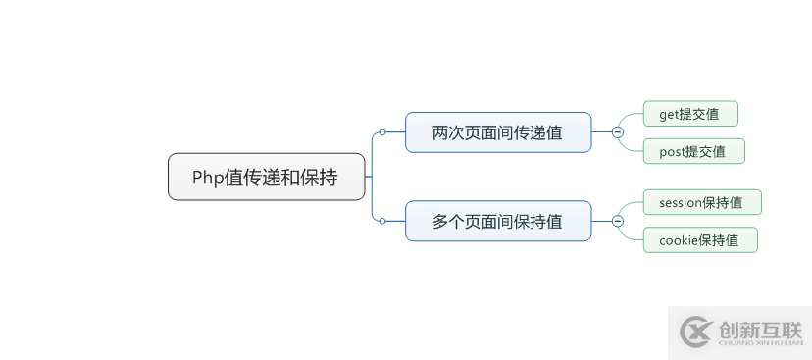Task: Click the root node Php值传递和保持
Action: click(266, 177)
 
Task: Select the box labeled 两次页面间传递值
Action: click(498, 132)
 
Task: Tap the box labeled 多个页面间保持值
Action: click(498, 222)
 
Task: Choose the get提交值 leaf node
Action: click(690, 114)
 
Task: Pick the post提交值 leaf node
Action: click(693, 151)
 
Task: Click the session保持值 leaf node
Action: click(702, 203)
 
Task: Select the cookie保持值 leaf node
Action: click(700, 240)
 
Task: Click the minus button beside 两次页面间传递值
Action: click(617, 132)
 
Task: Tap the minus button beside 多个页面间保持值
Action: click(617, 222)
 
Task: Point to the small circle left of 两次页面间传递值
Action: click(382, 132)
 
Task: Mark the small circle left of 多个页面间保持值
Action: click(382, 222)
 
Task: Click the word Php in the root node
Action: click(207, 178)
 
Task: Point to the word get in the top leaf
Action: click(670, 115)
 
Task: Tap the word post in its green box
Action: click(672, 152)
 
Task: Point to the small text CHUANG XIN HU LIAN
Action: click(760, 344)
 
